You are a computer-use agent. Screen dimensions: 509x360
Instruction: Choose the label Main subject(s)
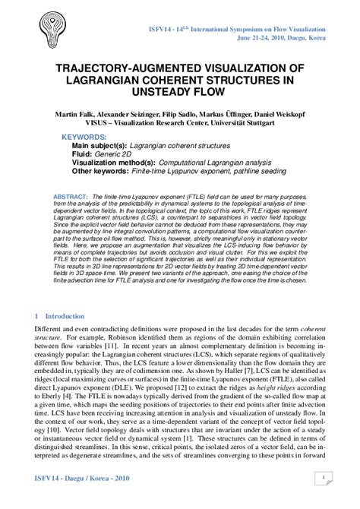coord(99,145)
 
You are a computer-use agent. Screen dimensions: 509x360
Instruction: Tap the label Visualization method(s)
coord(113,163)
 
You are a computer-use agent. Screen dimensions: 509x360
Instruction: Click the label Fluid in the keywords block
coord(82,153)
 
